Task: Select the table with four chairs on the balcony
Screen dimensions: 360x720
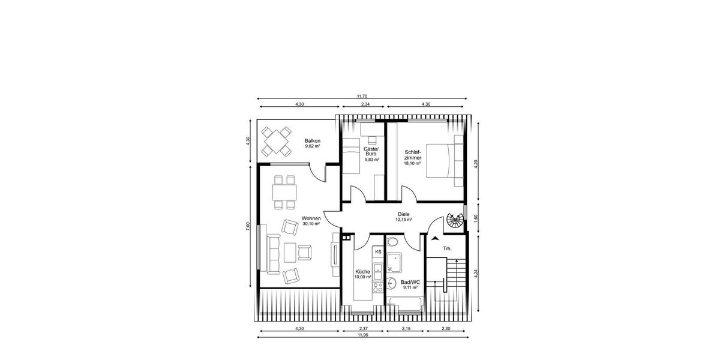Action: [x=276, y=142]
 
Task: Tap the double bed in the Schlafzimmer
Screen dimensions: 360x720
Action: [x=443, y=160]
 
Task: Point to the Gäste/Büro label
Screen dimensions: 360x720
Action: [x=370, y=151]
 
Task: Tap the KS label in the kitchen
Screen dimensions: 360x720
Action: [x=378, y=252]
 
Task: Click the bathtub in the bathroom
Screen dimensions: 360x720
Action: [x=404, y=304]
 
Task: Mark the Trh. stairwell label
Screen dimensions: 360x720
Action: [x=447, y=248]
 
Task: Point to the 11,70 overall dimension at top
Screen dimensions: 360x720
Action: [x=361, y=96]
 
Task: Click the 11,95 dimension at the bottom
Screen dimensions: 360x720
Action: [x=362, y=335]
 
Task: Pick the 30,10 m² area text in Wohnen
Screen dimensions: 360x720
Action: [x=311, y=224]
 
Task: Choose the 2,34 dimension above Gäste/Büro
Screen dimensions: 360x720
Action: [x=364, y=104]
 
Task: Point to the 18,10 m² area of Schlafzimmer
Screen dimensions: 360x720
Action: [x=413, y=163]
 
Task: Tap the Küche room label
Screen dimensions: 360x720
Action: [x=363, y=271]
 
